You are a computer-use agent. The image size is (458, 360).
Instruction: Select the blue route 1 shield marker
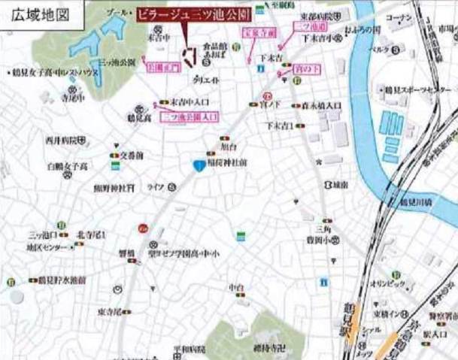click(x=197, y=166)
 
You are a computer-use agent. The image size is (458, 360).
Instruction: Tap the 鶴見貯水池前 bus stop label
click(x=62, y=280)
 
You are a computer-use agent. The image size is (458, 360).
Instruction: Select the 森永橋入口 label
click(x=320, y=107)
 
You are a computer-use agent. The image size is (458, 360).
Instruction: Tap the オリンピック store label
click(x=389, y=286)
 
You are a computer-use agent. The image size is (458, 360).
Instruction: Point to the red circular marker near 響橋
click(x=141, y=228)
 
